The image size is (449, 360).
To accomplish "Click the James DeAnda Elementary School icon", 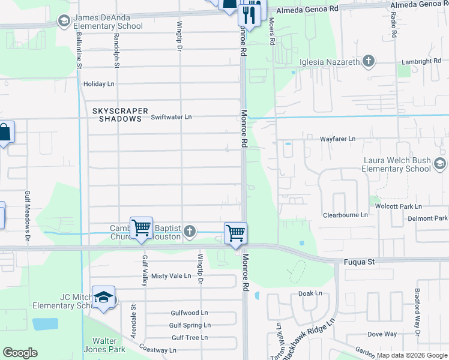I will click(x=64, y=22).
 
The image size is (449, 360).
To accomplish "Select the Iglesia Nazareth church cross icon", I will click(x=369, y=61).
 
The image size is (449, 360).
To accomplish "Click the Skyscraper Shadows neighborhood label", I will click(x=117, y=115).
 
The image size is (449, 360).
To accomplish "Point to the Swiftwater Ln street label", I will click(x=171, y=117).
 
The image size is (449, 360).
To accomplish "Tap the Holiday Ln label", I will click(x=98, y=84).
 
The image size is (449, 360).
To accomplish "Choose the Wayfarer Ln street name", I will click(x=336, y=139).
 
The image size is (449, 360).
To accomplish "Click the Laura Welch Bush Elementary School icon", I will click(x=440, y=164).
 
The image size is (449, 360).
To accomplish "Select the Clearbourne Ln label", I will click(x=345, y=215).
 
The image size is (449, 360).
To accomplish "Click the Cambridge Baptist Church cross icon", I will click(x=190, y=232).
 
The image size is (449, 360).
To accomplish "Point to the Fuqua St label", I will click(x=359, y=262).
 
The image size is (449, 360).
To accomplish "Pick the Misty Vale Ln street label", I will click(x=171, y=276).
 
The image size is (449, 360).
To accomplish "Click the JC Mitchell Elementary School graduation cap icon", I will click(x=103, y=298).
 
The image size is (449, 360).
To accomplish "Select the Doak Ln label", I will click(x=310, y=293).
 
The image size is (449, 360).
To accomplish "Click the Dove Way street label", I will click(x=382, y=334).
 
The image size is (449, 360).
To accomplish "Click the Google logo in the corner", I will click(x=20, y=353).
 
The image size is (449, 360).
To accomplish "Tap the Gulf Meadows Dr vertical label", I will click(x=28, y=209).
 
